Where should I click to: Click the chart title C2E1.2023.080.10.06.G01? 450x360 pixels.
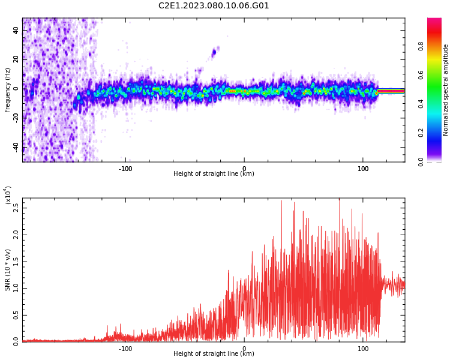(214, 5)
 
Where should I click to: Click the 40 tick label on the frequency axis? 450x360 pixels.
(16, 31)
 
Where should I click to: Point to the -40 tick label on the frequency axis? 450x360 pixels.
(16, 147)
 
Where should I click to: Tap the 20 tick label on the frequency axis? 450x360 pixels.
(16, 59)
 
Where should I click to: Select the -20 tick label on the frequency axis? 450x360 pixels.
(16, 118)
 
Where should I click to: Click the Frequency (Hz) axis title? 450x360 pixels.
(7, 90)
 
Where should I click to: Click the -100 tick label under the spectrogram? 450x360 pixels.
(125, 169)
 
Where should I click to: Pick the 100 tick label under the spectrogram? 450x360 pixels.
(363, 169)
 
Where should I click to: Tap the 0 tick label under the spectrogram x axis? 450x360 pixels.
(244, 169)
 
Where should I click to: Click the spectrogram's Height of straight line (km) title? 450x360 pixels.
(214, 173)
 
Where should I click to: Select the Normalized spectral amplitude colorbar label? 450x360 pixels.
(445, 90)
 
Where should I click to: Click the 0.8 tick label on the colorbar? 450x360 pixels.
(421, 46)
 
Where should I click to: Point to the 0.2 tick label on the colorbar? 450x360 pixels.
(421, 133)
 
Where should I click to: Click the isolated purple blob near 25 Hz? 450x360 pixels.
(214, 53)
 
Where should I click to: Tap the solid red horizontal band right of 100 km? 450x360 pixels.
(391, 91)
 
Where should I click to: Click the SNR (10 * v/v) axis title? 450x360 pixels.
(7, 270)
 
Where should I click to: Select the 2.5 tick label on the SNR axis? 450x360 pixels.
(16, 208)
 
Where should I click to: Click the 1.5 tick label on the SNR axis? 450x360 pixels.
(16, 262)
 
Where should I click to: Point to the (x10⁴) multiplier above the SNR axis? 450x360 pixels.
(8, 195)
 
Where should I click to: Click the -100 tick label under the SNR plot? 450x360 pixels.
(125, 349)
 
